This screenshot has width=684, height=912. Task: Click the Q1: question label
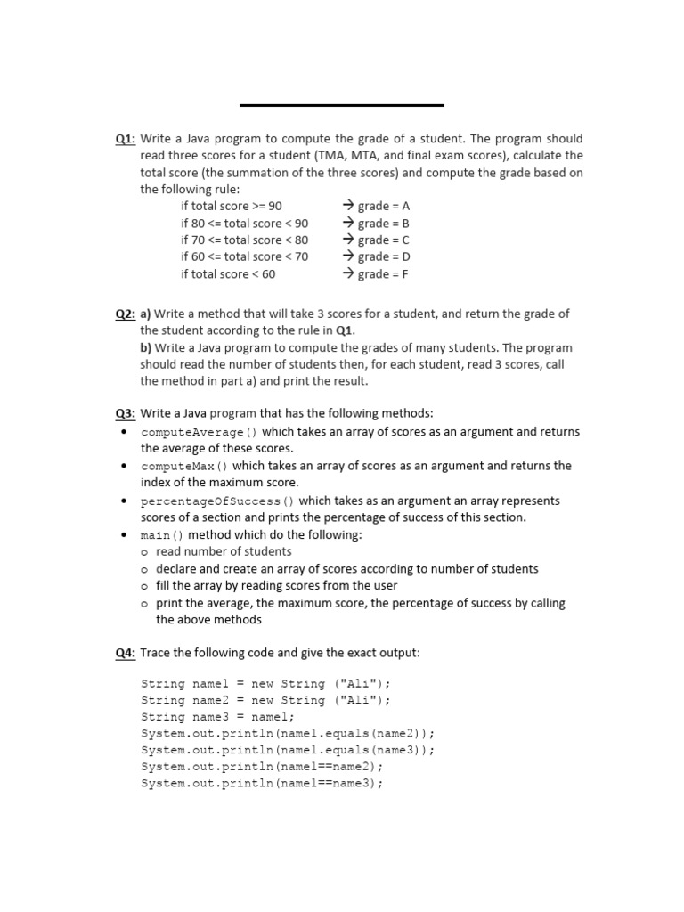point(126,139)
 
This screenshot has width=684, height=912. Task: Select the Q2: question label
point(126,313)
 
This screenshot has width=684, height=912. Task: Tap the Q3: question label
point(126,413)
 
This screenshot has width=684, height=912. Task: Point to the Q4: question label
point(126,653)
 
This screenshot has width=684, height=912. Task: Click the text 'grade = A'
point(384,206)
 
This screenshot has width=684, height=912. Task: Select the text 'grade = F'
point(383,274)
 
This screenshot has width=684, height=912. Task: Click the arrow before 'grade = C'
point(348,240)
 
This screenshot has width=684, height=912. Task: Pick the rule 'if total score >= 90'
point(231,206)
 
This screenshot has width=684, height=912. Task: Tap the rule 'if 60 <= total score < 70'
point(244,257)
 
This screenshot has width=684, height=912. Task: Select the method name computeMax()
point(184,466)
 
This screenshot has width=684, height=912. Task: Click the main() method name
point(162,535)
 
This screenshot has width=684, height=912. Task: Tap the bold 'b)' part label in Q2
point(146,348)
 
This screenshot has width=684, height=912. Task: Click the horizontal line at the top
point(342,105)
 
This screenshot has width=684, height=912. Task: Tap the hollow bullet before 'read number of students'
point(144,552)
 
